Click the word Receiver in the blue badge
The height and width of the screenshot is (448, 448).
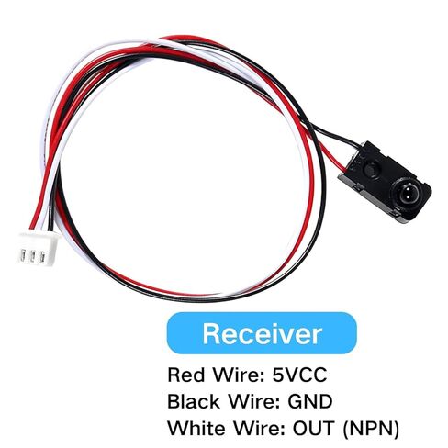262,333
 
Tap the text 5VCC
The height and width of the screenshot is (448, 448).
299,375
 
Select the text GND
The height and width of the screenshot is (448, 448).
309,401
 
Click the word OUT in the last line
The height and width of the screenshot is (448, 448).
313,428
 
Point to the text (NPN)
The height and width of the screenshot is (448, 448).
371,429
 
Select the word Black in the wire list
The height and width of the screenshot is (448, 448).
194,401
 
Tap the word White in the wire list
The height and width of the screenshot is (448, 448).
197,428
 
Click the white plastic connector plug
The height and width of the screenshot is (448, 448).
39,249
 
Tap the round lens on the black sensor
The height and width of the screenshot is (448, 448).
405,195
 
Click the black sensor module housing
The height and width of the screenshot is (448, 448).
385,182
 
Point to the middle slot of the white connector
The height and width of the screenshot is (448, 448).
32,257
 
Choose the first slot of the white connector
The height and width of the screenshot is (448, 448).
23,255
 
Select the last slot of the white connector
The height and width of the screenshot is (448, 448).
42,258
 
